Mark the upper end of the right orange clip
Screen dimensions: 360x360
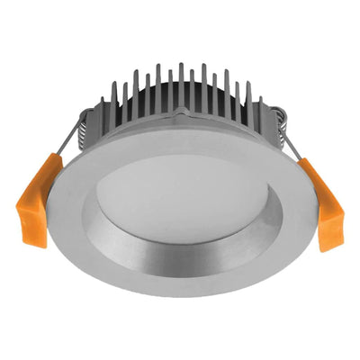pos(306,165)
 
